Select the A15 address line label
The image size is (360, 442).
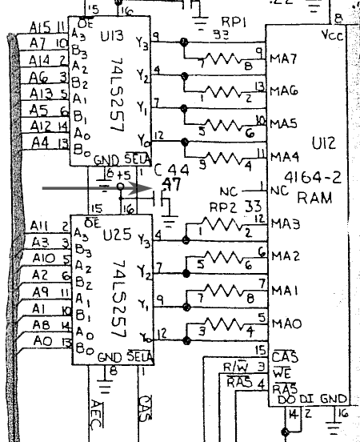pos(40,26)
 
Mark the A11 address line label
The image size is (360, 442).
pos(39,227)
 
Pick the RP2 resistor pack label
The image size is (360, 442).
pos(219,206)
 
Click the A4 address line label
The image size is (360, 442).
pos(40,143)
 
